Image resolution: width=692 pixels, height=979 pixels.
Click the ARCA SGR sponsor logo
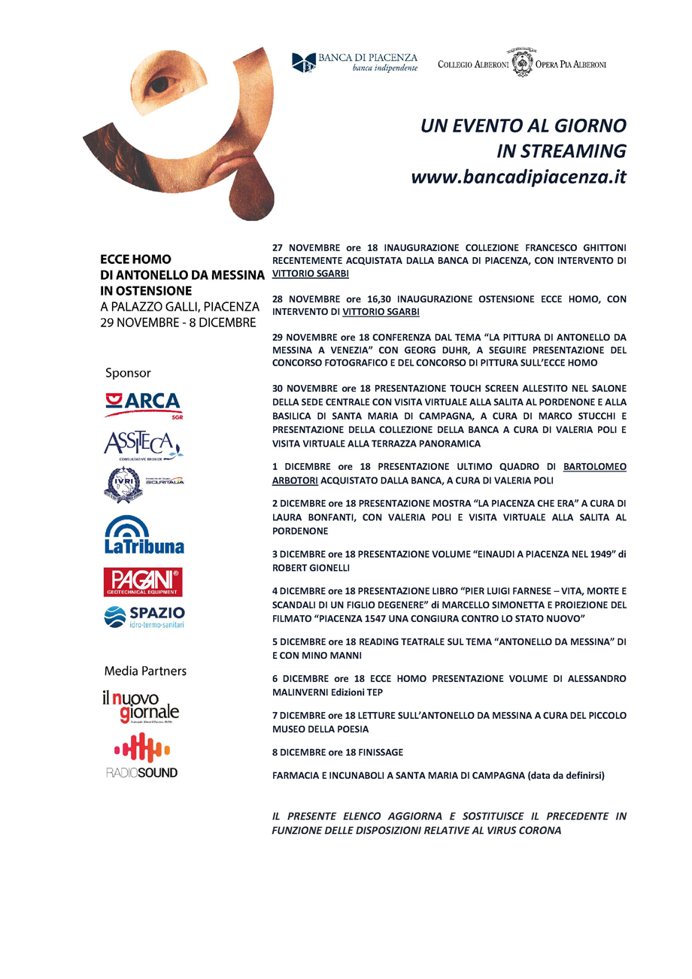point(143,405)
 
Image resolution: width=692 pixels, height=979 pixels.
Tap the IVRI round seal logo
point(123,484)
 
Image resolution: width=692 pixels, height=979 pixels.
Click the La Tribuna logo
point(144,535)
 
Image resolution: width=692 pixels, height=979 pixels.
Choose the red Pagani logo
point(143,582)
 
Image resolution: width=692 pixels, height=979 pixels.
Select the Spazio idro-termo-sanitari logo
point(144,617)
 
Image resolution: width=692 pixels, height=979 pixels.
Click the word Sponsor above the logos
point(128,372)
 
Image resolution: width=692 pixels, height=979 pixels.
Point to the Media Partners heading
point(145,670)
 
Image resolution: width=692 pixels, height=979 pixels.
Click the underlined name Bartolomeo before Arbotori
point(595,466)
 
